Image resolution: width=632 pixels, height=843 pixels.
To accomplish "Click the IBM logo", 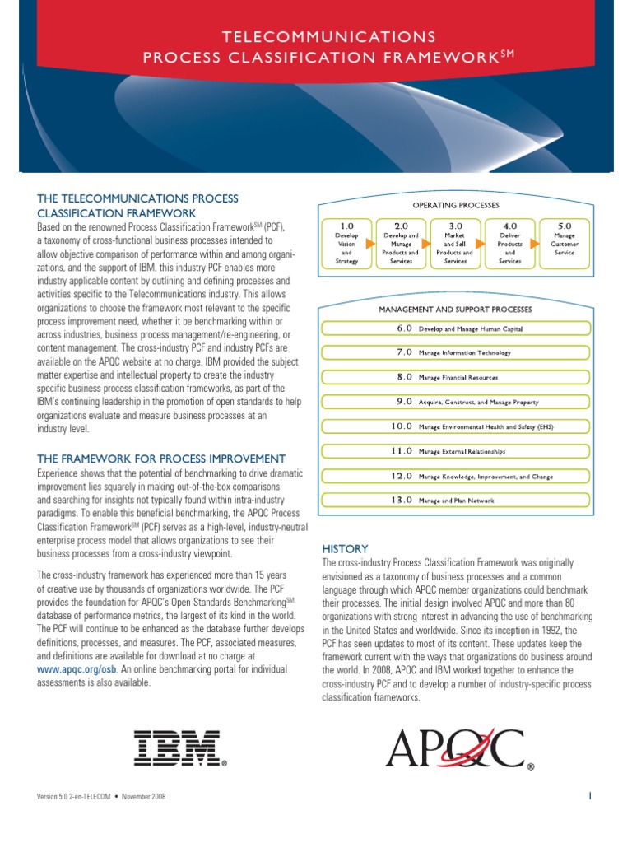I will (179, 747).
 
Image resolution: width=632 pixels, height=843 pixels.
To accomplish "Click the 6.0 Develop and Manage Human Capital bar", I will (455, 328).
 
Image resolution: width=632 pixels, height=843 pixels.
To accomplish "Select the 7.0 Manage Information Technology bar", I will (455, 352).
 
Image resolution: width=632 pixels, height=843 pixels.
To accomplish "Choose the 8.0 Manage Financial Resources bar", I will (455, 377).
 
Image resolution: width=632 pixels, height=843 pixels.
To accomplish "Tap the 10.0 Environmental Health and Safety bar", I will (455, 426).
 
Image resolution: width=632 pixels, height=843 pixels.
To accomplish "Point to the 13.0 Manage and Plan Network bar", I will (455, 500).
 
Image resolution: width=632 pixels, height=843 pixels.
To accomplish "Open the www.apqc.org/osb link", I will (77, 669).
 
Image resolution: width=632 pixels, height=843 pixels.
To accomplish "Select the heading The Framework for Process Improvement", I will (161, 459).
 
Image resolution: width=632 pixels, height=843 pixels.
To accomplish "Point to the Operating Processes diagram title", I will (455, 204).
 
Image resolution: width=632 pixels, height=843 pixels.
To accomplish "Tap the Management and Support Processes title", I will (455, 310).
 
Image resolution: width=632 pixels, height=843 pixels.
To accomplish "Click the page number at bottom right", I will (591, 796).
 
